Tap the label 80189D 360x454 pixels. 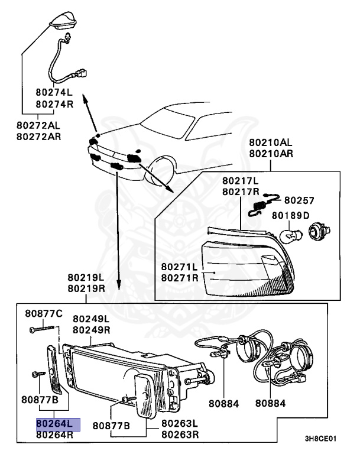pos(290,215)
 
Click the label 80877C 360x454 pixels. pos(43,313)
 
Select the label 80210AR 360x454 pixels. pos(270,154)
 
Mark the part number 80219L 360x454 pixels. pos(86,277)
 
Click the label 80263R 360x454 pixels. pos(180,434)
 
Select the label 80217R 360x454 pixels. pos(241,192)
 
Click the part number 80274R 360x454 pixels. pos(54,104)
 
